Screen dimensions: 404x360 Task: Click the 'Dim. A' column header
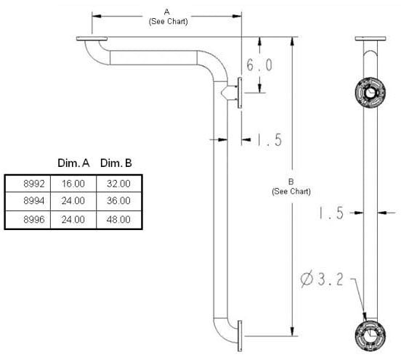click(73, 163)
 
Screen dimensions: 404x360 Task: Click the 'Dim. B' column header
click(116, 163)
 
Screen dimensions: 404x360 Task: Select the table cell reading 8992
click(28, 184)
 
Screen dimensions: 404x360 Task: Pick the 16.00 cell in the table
click(73, 184)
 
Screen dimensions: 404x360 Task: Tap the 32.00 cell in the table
click(118, 184)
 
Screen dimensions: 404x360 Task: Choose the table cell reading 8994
click(28, 201)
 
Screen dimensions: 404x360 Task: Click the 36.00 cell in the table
click(118, 201)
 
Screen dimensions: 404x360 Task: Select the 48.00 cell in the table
click(118, 220)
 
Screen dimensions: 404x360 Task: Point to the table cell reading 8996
click(28, 220)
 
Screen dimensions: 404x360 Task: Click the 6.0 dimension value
click(259, 65)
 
